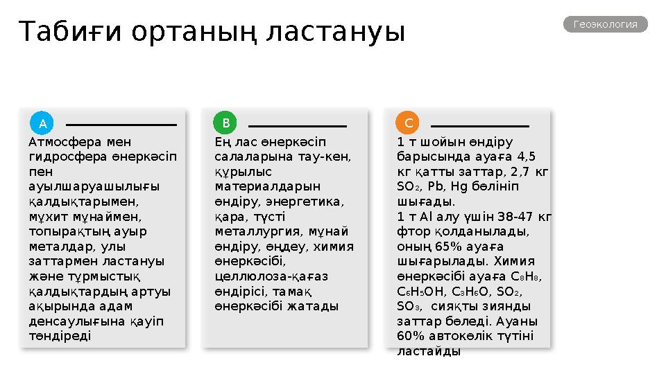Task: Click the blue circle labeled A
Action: (x=42, y=123)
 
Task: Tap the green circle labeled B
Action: (x=225, y=123)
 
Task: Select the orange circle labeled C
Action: (x=409, y=123)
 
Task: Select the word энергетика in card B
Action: (x=309, y=201)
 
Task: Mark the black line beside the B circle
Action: (x=298, y=126)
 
